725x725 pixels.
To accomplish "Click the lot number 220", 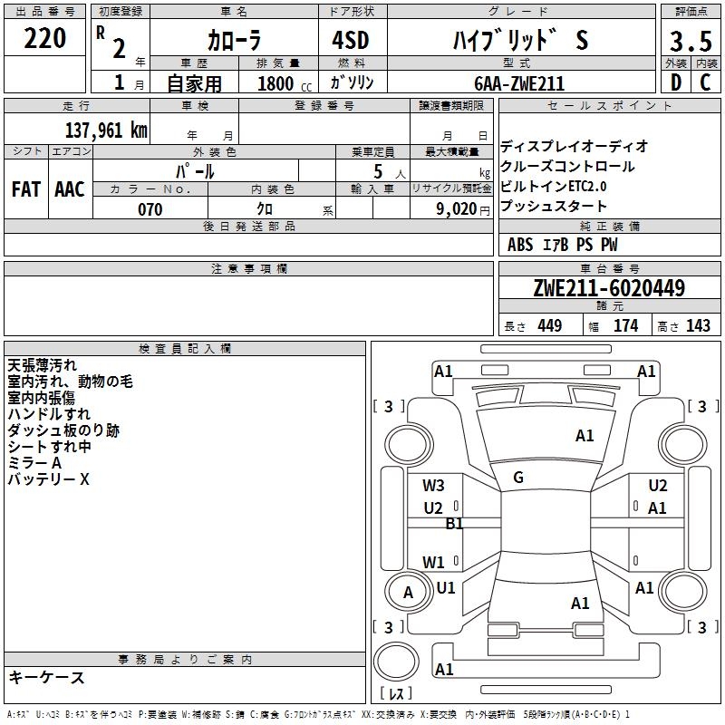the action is [45, 39].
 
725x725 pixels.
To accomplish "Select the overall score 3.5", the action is [691, 43].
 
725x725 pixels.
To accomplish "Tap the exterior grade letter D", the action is [675, 82].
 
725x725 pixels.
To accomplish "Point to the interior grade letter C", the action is [705, 82].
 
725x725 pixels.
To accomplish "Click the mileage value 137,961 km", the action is [106, 130].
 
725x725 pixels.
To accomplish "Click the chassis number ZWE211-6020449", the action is [609, 288].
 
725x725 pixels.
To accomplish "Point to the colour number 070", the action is [150, 209].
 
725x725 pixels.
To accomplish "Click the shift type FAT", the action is [26, 189].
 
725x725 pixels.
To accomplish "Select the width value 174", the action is [625, 326].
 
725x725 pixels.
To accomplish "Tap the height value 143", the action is [698, 326].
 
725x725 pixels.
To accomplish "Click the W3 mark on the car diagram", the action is [433, 486].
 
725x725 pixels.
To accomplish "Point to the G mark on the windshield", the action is [518, 478].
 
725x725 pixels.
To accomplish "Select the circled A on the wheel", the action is [408, 592].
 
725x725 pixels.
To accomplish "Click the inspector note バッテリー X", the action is [49, 479].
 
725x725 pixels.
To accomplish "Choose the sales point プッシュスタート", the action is [554, 206].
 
